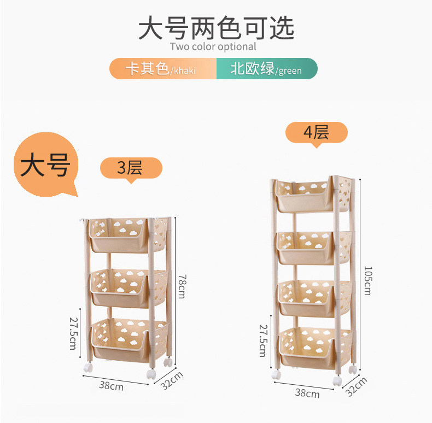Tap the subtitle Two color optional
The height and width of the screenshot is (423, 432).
pyautogui.click(x=213, y=46)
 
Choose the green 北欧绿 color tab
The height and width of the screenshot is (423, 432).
pyautogui.click(x=267, y=69)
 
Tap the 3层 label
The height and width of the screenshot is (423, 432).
pyautogui.click(x=131, y=168)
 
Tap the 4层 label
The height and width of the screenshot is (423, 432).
pyautogui.click(x=317, y=132)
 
